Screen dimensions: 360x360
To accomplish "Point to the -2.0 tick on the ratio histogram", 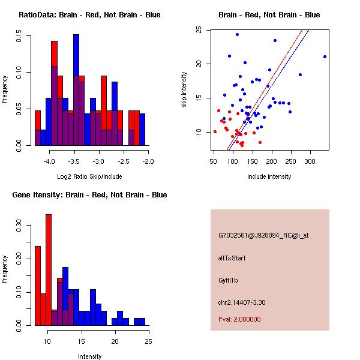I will click(x=148, y=161).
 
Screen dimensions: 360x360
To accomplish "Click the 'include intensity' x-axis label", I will click(x=269, y=176).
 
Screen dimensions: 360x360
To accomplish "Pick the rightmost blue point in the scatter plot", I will click(x=325, y=57).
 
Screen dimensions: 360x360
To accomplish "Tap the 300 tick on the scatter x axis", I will click(x=310, y=161).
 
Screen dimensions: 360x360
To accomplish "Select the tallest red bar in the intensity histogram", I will click(x=49, y=270).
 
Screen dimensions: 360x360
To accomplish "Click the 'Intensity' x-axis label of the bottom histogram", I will click(x=90, y=356).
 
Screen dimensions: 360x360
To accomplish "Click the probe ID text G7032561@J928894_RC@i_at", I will click(x=263, y=236).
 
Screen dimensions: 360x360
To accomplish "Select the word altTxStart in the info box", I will click(x=232, y=258).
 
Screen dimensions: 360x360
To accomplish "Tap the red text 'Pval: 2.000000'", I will click(x=239, y=319).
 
